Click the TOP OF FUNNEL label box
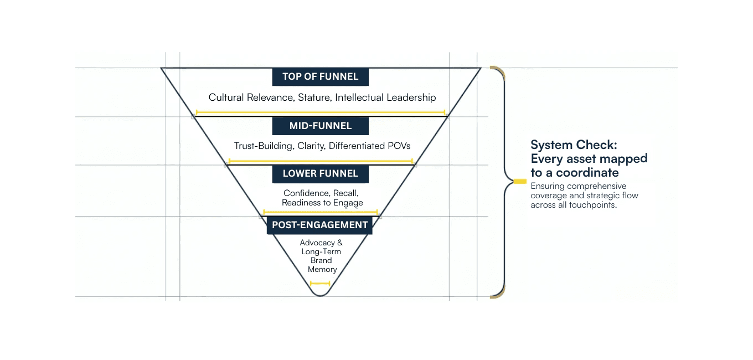coord(320,76)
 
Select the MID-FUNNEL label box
coord(320,126)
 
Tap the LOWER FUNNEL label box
coord(320,173)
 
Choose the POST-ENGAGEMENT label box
coord(319,225)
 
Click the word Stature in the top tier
coord(313,97)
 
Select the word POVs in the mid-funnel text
coord(397,146)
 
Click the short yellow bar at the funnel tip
coord(320,283)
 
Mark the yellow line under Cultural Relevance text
coord(320,112)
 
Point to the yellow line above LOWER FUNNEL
coord(320,161)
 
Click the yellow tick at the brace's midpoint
coord(520,181)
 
